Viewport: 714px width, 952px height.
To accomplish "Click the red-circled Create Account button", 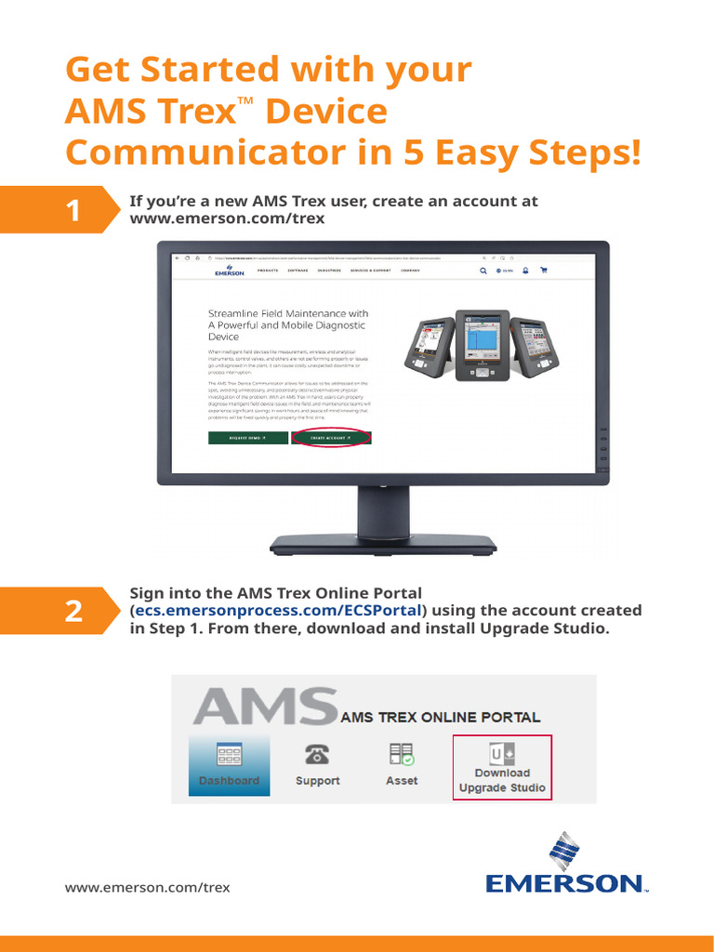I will click(331, 437).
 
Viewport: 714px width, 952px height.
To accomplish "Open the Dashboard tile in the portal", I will click(229, 764).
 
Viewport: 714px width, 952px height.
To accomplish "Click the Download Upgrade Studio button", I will click(502, 768).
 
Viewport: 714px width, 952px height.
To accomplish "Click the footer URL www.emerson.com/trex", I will click(147, 887).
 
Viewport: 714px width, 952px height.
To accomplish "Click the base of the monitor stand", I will click(383, 544).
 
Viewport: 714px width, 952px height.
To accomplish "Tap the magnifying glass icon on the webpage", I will click(483, 271).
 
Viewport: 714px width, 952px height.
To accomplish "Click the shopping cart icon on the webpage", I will click(544, 271).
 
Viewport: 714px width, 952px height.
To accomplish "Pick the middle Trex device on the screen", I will click(482, 345).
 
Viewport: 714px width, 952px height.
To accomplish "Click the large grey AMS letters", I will click(264, 707).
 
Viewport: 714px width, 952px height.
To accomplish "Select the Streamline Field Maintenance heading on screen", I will click(287, 325).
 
